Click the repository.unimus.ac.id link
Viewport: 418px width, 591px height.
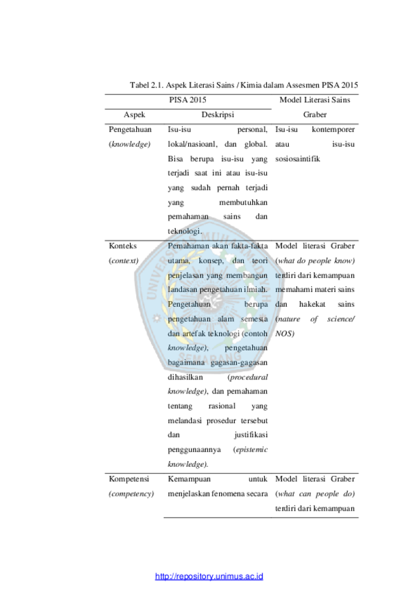coord(209,576)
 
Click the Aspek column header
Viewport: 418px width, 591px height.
coord(134,114)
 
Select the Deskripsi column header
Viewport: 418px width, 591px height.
coord(217,114)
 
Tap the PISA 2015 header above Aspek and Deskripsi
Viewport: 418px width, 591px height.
coord(188,100)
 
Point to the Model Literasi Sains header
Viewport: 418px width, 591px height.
coord(314,100)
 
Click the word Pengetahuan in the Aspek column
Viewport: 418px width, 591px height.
coord(130,129)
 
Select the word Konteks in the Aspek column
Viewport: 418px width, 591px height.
coord(122,246)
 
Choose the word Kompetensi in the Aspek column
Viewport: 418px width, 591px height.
coord(129,478)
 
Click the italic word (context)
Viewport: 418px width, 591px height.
coord(123,260)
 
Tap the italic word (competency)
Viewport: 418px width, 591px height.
coord(131,493)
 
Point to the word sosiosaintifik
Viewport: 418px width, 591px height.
coord(297,159)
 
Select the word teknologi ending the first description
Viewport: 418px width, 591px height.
coord(185,231)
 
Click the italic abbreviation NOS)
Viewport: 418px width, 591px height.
coord(285,334)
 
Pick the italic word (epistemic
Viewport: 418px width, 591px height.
coord(250,450)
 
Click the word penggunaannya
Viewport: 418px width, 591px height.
coord(194,450)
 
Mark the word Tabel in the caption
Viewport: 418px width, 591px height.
coord(140,85)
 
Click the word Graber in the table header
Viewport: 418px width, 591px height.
coord(314,114)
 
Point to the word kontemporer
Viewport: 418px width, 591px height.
coord(333,129)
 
